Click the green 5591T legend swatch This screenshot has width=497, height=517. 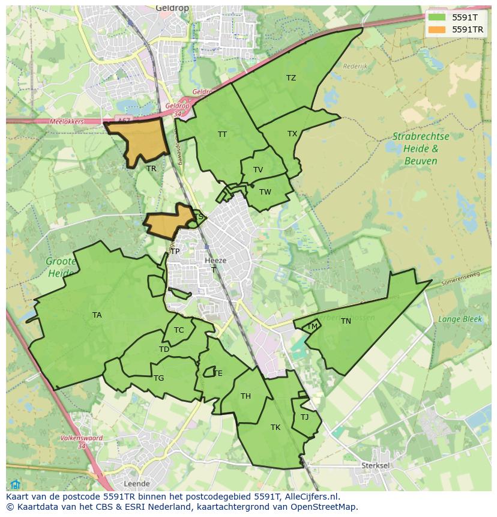tap(436, 17)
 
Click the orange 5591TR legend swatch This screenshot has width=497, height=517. tap(436, 29)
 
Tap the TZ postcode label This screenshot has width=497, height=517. tap(291, 78)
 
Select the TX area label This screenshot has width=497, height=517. tap(292, 134)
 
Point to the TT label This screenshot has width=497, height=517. tap(222, 135)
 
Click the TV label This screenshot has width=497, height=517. tap(258, 170)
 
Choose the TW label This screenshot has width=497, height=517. tap(265, 192)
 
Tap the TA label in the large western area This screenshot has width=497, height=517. tap(97, 315)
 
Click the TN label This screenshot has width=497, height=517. tap(346, 321)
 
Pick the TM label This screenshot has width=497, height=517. tap(312, 327)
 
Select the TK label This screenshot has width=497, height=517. tap(276, 428)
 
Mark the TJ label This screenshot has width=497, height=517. tap(304, 417)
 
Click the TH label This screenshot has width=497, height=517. tap(245, 396)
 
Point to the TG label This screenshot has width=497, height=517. tap(158, 378)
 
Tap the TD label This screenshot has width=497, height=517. tap(164, 349)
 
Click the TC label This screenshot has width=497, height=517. tap(179, 330)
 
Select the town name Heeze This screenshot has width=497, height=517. tap(215, 261)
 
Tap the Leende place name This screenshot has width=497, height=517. tap(136, 483)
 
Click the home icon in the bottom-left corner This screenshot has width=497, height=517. tap(15, 485)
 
